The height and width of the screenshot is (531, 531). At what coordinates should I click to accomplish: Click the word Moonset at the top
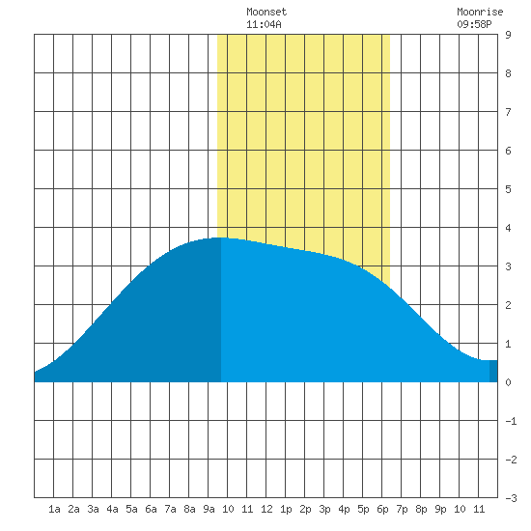pos(266,12)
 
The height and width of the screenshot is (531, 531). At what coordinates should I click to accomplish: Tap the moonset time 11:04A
pos(264,24)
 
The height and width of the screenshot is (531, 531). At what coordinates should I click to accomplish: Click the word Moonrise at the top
pos(480,12)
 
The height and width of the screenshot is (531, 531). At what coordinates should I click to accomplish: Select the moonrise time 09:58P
pos(474,24)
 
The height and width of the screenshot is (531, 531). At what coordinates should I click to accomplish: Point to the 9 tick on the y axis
pos(508,35)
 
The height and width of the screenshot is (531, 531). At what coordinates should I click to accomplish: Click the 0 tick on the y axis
pos(508,382)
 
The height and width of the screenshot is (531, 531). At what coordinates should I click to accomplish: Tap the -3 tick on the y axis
pos(511,498)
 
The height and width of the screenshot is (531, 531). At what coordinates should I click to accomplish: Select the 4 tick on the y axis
pos(508,228)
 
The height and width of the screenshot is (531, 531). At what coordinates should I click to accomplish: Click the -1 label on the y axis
pos(511,421)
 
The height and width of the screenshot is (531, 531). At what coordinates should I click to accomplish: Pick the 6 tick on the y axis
pos(508,151)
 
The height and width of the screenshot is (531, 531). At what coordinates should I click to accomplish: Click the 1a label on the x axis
pos(54,509)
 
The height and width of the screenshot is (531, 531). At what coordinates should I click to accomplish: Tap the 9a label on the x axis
pos(209,509)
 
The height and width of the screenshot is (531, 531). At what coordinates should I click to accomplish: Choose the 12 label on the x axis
pos(266,509)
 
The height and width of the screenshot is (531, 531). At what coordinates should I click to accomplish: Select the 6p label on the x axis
pos(382,509)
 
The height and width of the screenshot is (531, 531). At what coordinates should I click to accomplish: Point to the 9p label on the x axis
pos(440,509)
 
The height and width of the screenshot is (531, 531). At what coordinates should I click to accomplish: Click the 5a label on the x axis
pos(131,509)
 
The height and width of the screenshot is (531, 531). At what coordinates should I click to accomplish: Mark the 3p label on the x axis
pos(324,509)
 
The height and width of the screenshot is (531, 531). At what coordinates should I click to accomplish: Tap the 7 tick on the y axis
pos(508,112)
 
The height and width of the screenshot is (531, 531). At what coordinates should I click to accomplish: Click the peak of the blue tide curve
pos(221,238)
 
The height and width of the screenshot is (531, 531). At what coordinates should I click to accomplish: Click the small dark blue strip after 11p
pos(493,371)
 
